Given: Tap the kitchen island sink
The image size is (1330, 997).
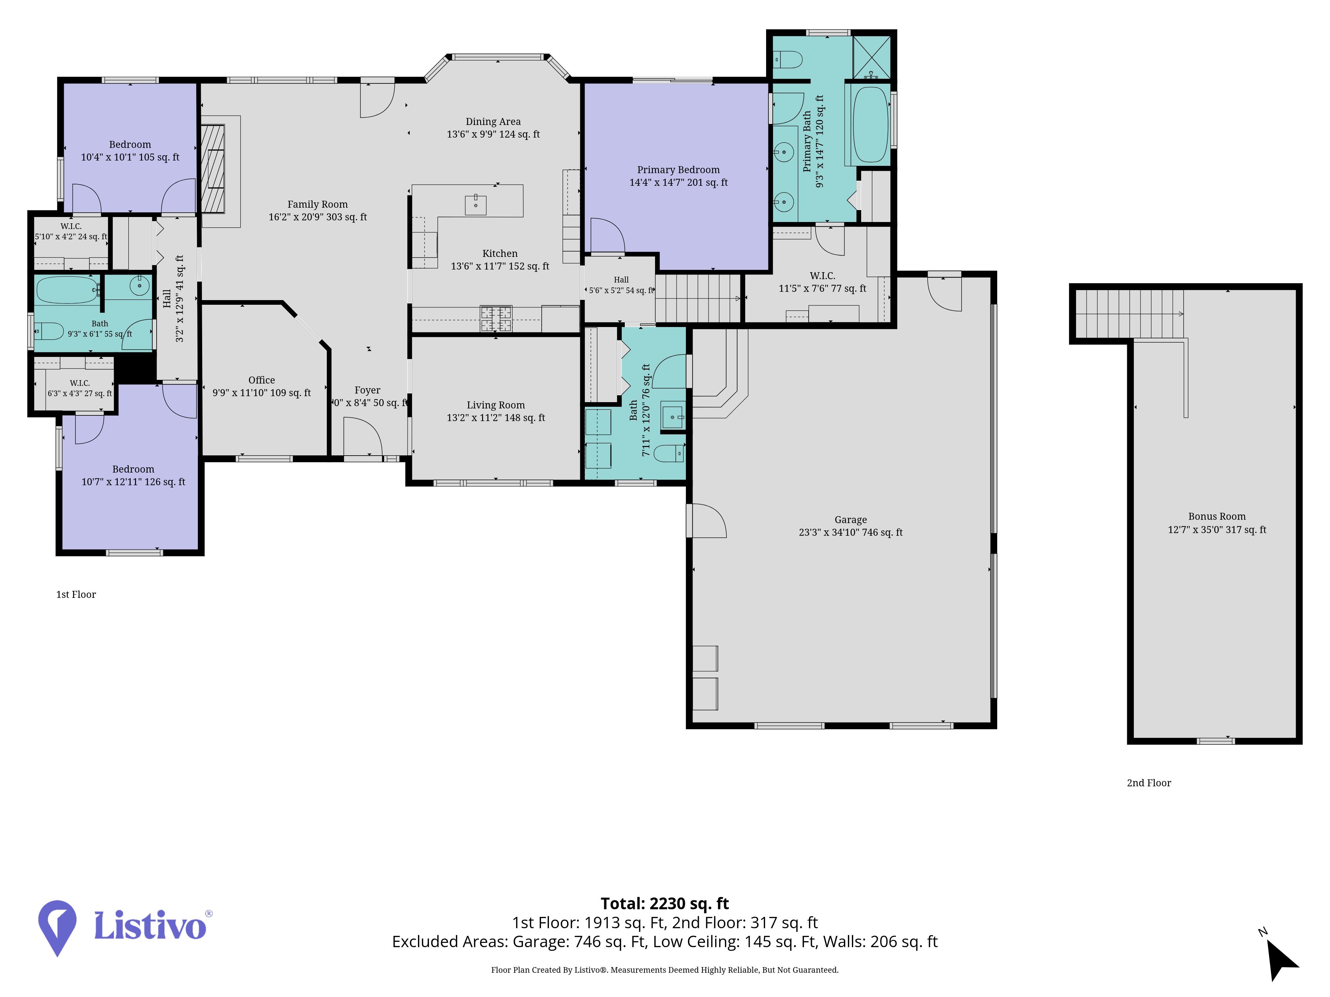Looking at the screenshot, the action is pyautogui.click(x=475, y=204).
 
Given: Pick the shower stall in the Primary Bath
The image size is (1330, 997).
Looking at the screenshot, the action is pyautogui.click(x=871, y=58).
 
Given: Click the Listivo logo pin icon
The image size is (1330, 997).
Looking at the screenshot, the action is pyautogui.click(x=57, y=927).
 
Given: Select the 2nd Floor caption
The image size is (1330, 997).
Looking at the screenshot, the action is pyautogui.click(x=1149, y=782).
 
